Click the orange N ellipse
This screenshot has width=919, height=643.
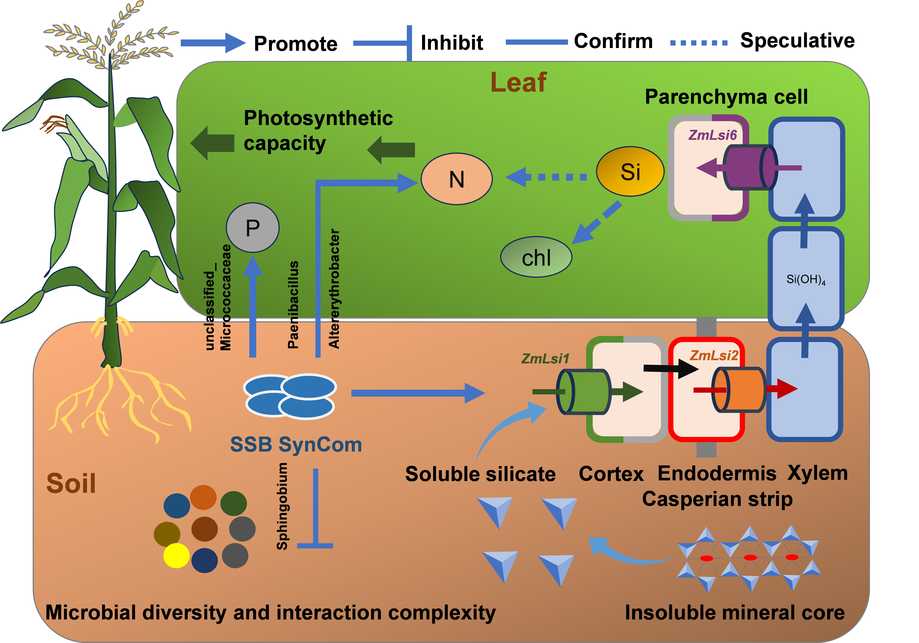[x=457, y=179]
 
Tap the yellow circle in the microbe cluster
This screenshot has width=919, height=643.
[x=176, y=555]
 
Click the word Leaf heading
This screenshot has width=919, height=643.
[x=518, y=83]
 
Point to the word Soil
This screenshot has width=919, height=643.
[x=71, y=483]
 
